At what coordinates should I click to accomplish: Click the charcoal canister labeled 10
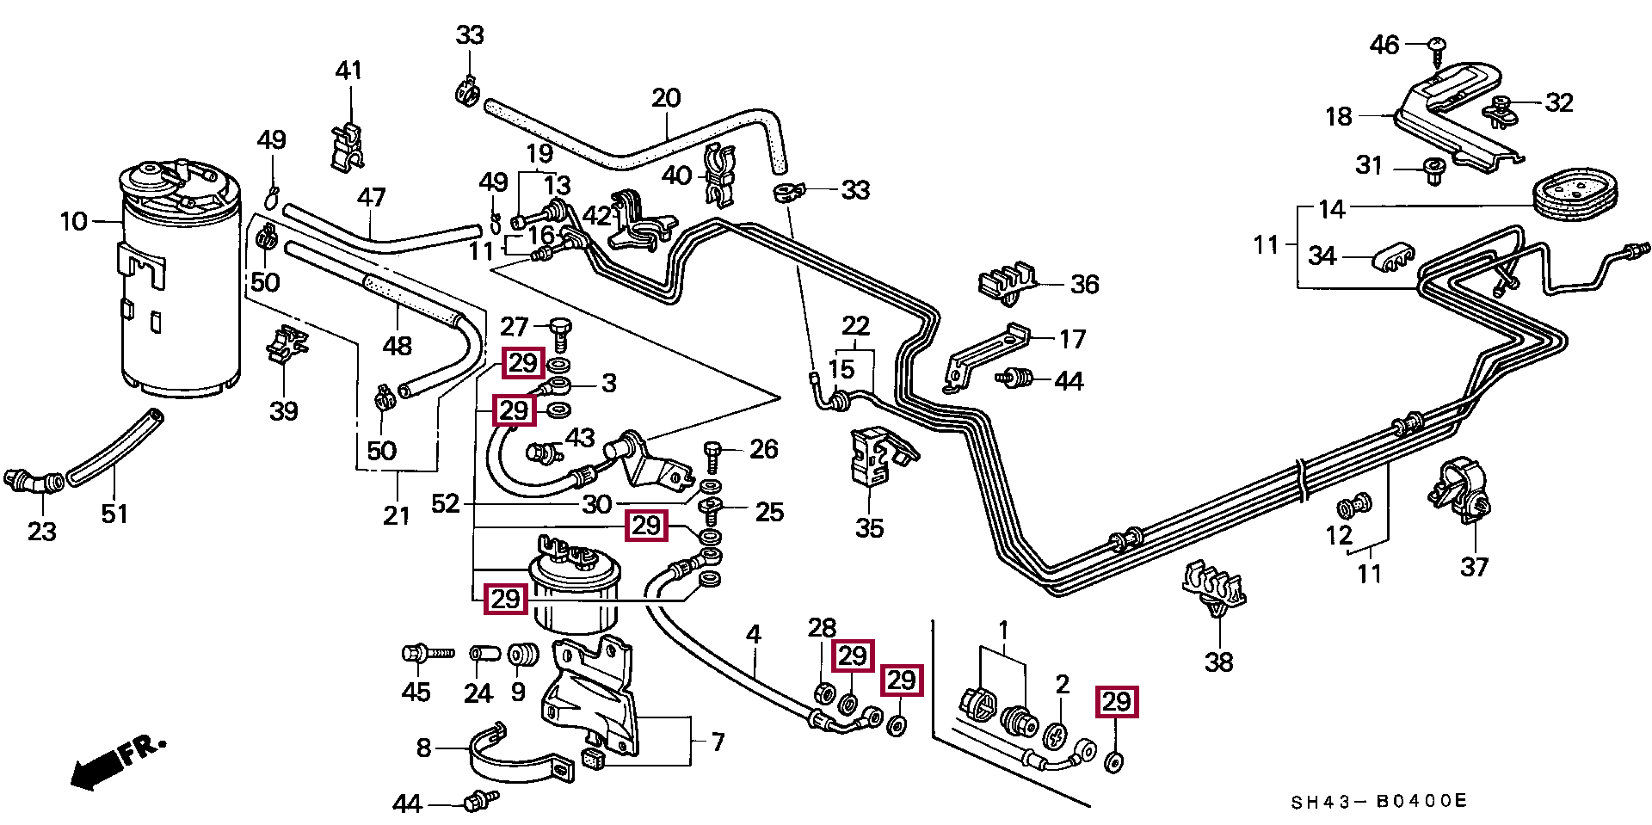point(178,278)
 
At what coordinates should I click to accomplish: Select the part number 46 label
point(1384,45)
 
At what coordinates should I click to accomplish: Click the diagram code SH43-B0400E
point(1378,802)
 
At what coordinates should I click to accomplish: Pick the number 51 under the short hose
point(114,514)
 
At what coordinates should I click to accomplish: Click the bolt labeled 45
point(428,654)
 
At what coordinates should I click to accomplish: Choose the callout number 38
point(1218,662)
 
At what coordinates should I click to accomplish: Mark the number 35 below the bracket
point(869,528)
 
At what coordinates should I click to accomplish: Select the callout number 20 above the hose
point(666,97)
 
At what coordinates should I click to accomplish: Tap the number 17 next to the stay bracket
point(1072,339)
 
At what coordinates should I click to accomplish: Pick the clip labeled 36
point(1008,281)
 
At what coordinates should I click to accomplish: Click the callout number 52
point(446,503)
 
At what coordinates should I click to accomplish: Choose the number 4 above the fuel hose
point(754,635)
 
